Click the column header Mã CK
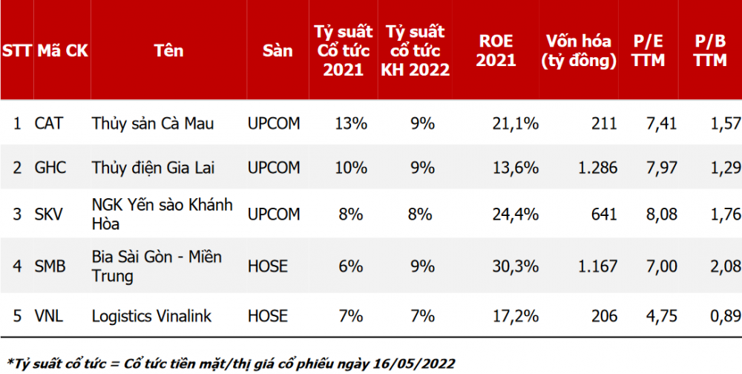click(63, 50)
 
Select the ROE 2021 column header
click(496, 50)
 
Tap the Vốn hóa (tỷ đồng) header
click(578, 50)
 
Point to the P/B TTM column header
click(710, 50)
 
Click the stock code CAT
click(49, 124)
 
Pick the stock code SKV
click(49, 214)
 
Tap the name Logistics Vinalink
click(151, 315)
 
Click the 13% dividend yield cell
click(351, 124)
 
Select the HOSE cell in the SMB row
click(268, 266)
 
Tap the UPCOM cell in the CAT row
click(274, 124)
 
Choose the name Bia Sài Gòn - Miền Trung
click(157, 266)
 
